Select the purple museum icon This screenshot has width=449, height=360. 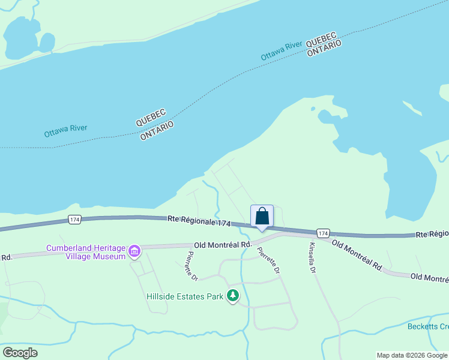coord(134,251)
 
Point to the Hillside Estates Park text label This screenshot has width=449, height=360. coord(184,296)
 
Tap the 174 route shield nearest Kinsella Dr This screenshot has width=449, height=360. coord(323,233)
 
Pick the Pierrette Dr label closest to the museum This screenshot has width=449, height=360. coord(191,266)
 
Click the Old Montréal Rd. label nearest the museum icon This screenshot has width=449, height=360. coord(223,245)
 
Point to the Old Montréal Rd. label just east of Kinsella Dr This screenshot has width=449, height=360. coord(357,255)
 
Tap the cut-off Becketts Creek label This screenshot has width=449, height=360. coord(428,326)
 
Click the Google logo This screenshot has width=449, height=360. coord(20,353)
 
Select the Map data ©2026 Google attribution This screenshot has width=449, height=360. coord(412,355)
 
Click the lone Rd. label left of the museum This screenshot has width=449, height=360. coord(7,257)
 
